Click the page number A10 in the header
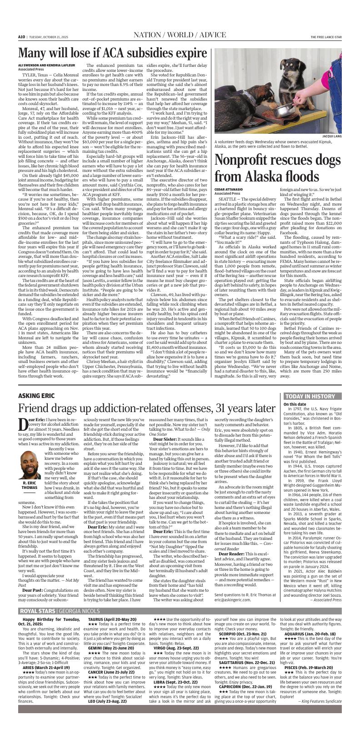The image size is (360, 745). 21,37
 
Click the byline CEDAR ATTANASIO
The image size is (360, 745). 229,189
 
